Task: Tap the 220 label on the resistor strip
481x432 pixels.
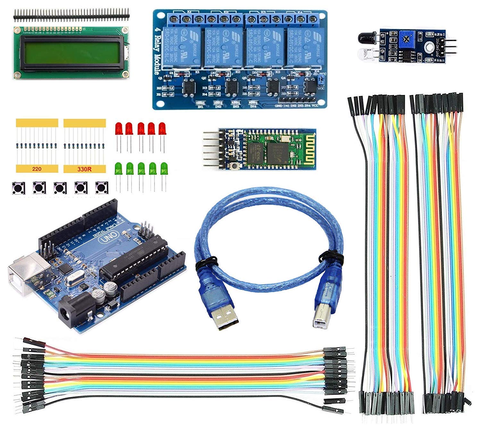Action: click(37, 169)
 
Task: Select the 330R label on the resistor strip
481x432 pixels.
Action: click(84, 169)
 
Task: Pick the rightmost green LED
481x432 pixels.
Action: click(164, 168)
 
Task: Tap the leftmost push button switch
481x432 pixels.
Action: click(18, 188)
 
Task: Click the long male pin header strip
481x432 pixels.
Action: click(71, 13)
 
